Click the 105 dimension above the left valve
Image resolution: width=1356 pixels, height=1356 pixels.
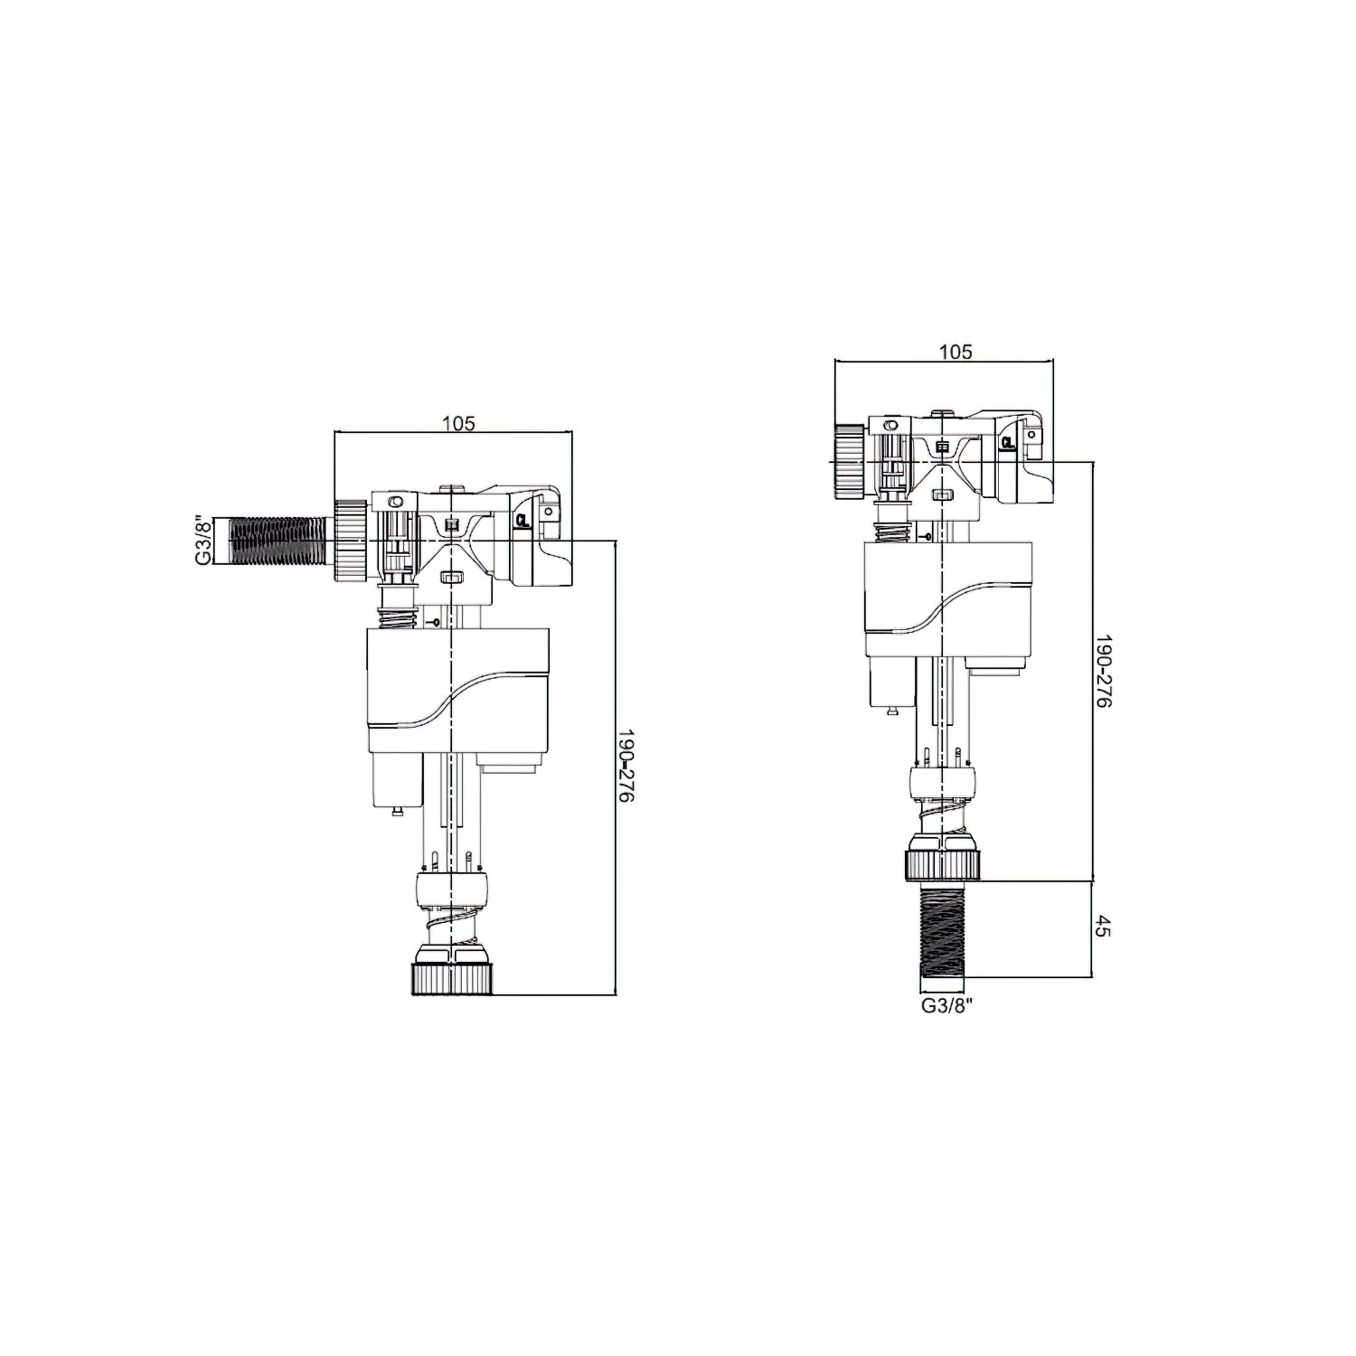point(458,422)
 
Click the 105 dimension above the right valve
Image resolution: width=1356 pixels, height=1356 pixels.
point(956,352)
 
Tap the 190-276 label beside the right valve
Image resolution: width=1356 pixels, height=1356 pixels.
point(1103,672)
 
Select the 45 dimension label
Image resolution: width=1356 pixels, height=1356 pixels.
point(1102,928)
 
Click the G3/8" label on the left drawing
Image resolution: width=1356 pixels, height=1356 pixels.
point(204,541)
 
